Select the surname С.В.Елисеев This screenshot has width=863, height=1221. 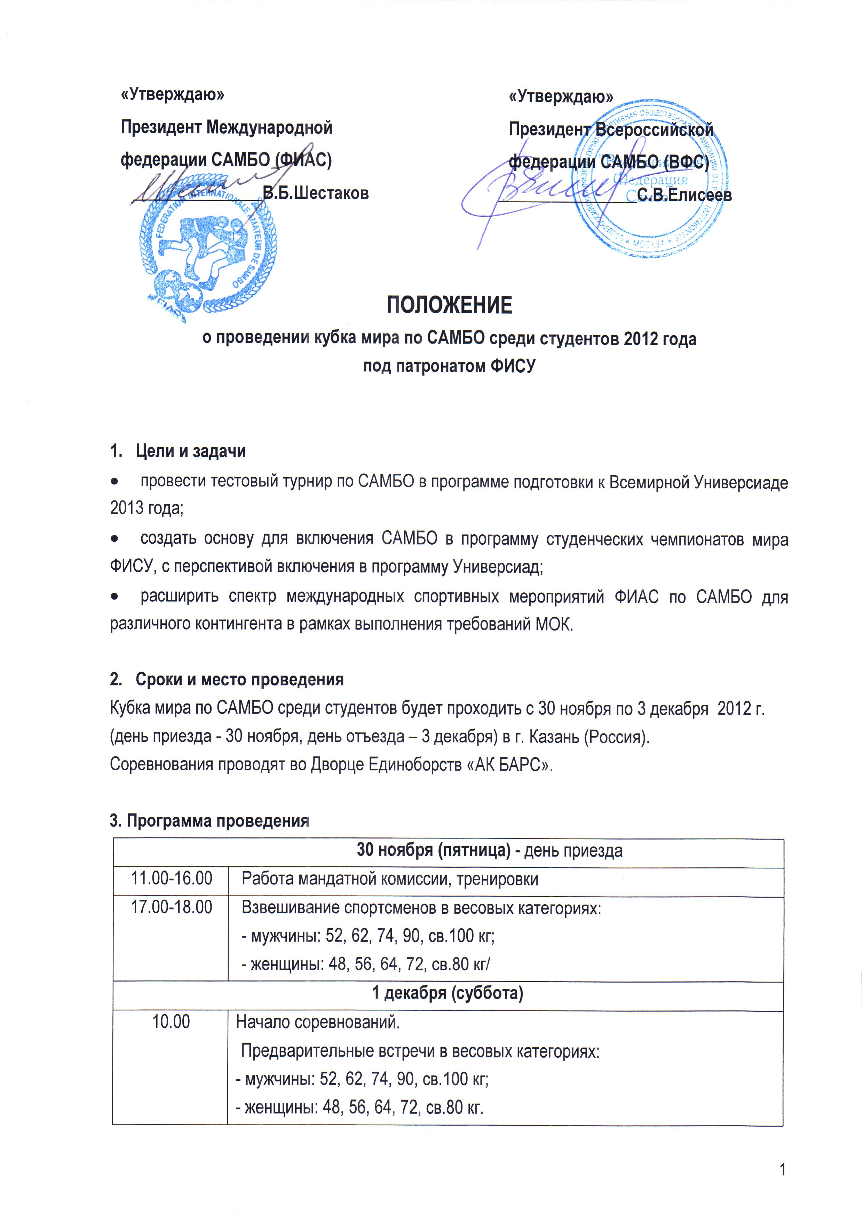[x=684, y=195]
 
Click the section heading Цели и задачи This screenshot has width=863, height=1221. [x=190, y=451]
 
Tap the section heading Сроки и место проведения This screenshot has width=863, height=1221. [x=239, y=680]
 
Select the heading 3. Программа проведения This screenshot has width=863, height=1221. [x=209, y=821]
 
